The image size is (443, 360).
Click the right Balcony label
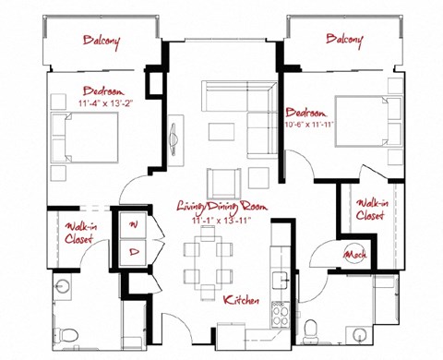click(344, 40)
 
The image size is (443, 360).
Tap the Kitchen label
click(241, 302)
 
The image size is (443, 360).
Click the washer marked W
click(133, 224)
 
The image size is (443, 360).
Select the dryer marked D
click(133, 250)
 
